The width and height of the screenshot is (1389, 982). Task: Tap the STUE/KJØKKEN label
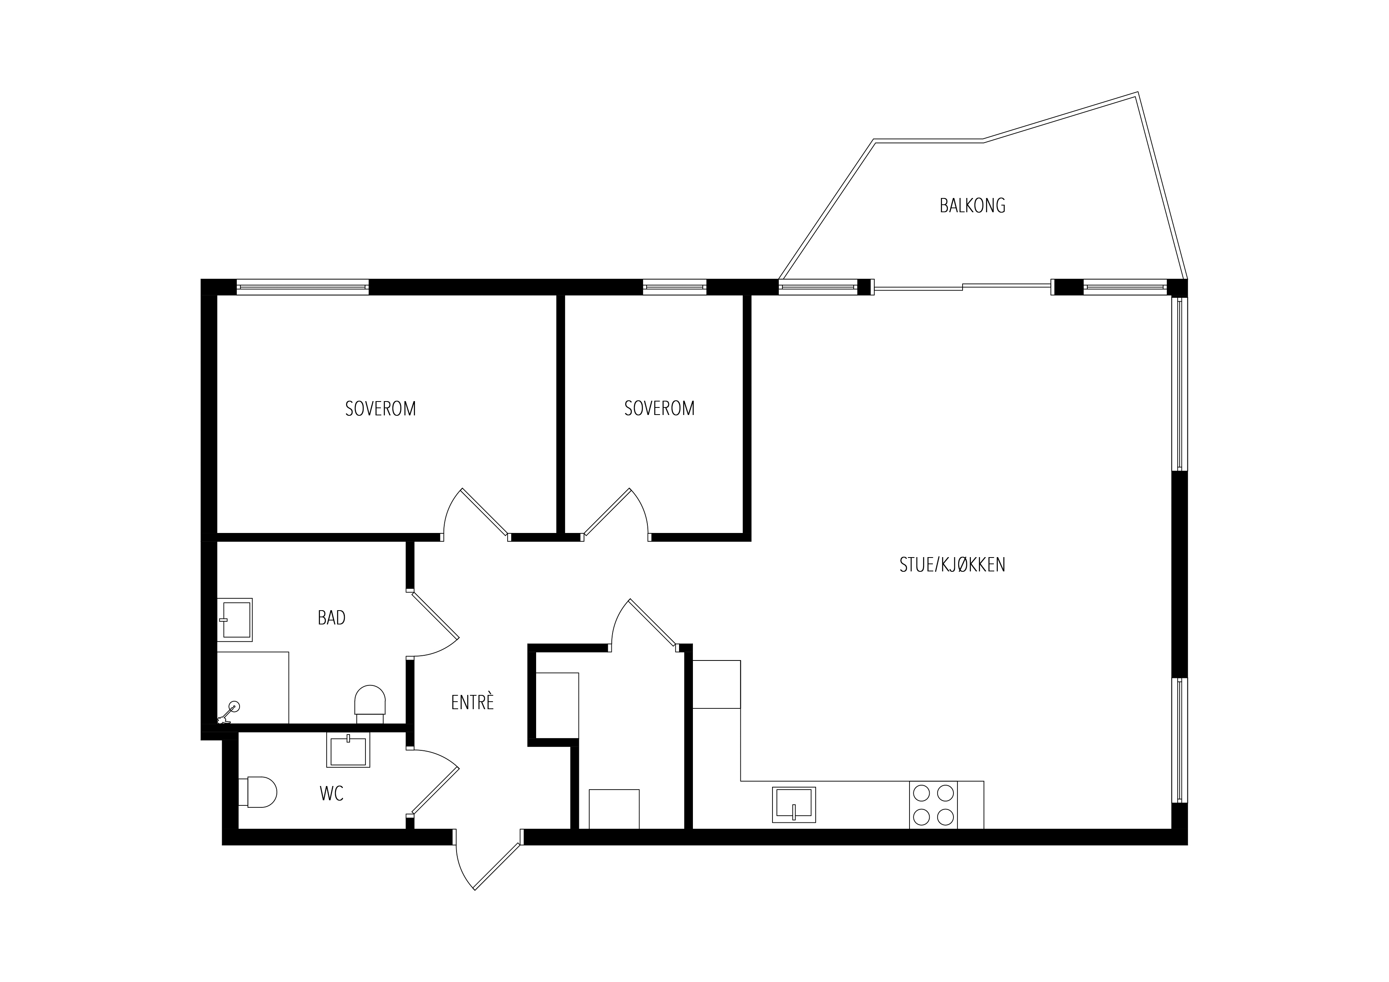(x=952, y=565)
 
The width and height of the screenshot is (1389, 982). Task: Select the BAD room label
(x=331, y=618)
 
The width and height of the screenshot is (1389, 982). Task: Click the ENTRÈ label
(x=472, y=702)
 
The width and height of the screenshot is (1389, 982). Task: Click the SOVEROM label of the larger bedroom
(x=381, y=409)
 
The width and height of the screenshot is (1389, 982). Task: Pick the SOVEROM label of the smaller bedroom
(x=659, y=408)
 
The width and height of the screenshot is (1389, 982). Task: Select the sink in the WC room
(x=348, y=750)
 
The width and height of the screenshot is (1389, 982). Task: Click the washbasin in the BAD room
(x=235, y=620)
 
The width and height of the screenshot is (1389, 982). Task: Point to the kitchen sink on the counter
(x=794, y=805)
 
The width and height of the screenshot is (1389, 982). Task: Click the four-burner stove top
(x=933, y=805)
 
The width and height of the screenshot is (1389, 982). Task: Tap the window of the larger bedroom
(x=303, y=287)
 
